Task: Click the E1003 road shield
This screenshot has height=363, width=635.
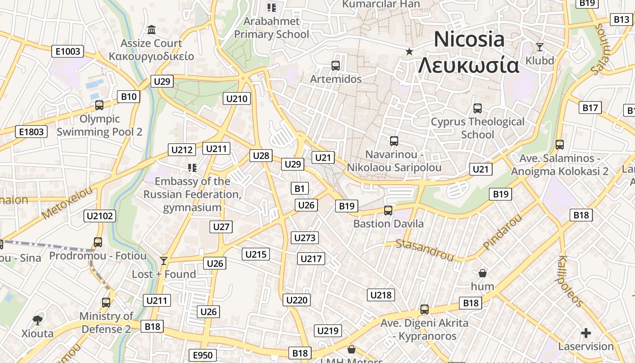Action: [x=68, y=51]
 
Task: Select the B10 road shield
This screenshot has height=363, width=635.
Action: [x=129, y=96]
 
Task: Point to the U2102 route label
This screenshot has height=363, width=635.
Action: [x=100, y=216]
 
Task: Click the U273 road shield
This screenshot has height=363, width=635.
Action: [x=305, y=238]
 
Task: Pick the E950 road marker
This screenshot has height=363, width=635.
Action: [x=202, y=355]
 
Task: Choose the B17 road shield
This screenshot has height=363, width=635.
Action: [x=590, y=108]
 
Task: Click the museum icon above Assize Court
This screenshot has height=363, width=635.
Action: [x=151, y=30]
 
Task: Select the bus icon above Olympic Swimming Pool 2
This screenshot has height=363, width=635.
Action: [x=99, y=105]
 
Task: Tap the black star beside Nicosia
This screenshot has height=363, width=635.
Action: [x=409, y=51]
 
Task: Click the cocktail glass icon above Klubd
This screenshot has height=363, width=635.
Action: [x=540, y=47]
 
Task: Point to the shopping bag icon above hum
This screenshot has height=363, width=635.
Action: [x=483, y=273]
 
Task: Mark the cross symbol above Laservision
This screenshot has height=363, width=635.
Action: [x=586, y=333]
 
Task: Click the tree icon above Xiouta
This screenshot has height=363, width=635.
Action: [x=38, y=320]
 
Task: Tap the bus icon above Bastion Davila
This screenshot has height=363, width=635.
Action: [x=388, y=211]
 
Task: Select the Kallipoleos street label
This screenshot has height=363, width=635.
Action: [x=570, y=281]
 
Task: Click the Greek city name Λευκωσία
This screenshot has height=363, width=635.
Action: [x=469, y=65]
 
